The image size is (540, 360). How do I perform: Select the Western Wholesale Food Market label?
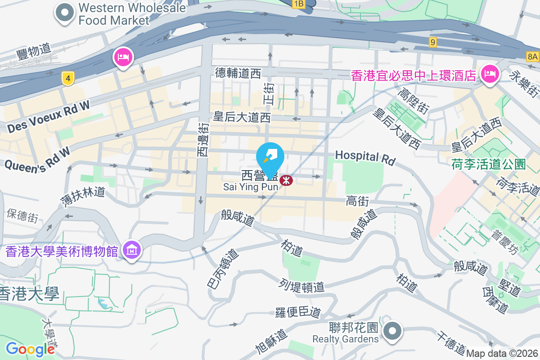point(132,14)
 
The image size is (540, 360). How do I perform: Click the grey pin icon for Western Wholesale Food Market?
point(65,13)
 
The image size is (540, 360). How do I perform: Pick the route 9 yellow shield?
point(433,42)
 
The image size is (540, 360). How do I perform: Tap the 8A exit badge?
point(532,56)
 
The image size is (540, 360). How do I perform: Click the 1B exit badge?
point(299,4)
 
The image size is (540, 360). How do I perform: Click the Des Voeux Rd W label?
point(49,117)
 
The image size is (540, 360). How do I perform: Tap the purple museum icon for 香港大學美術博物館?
point(132,249)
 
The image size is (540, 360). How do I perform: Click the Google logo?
point(30,349)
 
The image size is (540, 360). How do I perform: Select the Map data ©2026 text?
point(502,354)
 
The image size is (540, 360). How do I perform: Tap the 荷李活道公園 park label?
point(488,164)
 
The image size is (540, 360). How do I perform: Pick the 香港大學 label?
point(30,294)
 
